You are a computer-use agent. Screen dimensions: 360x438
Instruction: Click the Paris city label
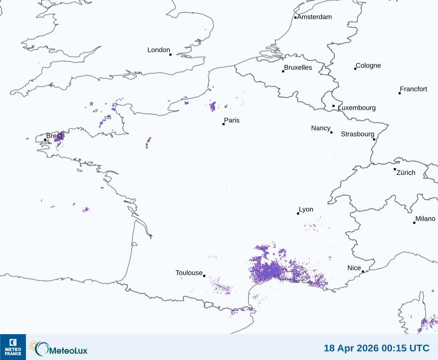[232, 120]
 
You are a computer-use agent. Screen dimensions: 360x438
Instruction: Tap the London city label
[159, 50]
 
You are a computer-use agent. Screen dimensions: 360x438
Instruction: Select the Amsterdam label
[314, 17]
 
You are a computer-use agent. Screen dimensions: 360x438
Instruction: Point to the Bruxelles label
[298, 68]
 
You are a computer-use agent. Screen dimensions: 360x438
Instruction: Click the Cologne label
[368, 66]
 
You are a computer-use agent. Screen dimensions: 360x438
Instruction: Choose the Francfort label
[413, 89]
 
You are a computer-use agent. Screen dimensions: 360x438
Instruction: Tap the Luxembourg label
[357, 108]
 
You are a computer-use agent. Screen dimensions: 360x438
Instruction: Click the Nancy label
[321, 128]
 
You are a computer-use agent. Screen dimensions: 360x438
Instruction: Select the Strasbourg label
[357, 134]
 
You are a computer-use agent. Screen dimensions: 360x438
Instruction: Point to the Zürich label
[406, 172]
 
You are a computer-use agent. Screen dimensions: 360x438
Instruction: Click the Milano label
[425, 219]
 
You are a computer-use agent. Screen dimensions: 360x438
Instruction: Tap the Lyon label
[306, 209]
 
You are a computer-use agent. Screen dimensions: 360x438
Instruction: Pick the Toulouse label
[189, 273]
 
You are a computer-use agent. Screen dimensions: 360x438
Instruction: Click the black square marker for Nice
[363, 272]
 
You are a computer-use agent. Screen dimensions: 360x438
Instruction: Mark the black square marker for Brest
[45, 140]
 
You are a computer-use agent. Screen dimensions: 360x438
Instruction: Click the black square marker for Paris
[223, 124]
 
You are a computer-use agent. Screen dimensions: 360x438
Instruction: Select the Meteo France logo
[13, 347]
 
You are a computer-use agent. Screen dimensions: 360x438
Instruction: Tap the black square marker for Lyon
[298, 213]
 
